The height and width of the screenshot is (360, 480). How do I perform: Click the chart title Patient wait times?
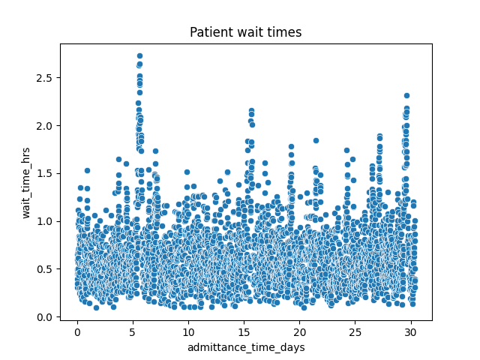pyautogui.click(x=245, y=32)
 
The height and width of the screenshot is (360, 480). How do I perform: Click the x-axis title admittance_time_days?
pyautogui.click(x=245, y=347)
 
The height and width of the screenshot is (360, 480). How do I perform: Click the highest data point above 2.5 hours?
pyautogui.click(x=139, y=56)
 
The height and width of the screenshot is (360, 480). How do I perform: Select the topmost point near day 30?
pyautogui.click(x=406, y=96)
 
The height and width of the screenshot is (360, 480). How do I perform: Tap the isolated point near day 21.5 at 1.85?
pyautogui.click(x=316, y=140)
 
